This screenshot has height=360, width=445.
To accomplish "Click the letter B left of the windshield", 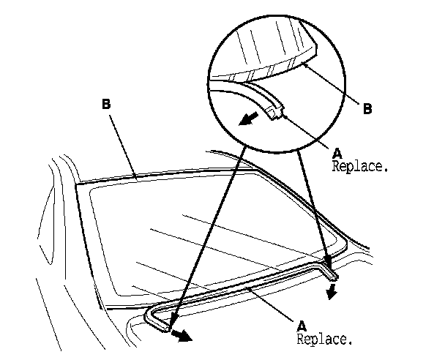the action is point(107,105).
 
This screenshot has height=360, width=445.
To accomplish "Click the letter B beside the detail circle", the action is point(367,109).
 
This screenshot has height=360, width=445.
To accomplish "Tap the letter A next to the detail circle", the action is point(337,153).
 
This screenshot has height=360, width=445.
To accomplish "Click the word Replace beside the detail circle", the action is point(361,166).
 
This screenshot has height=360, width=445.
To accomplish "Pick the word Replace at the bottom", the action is point(325,339).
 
